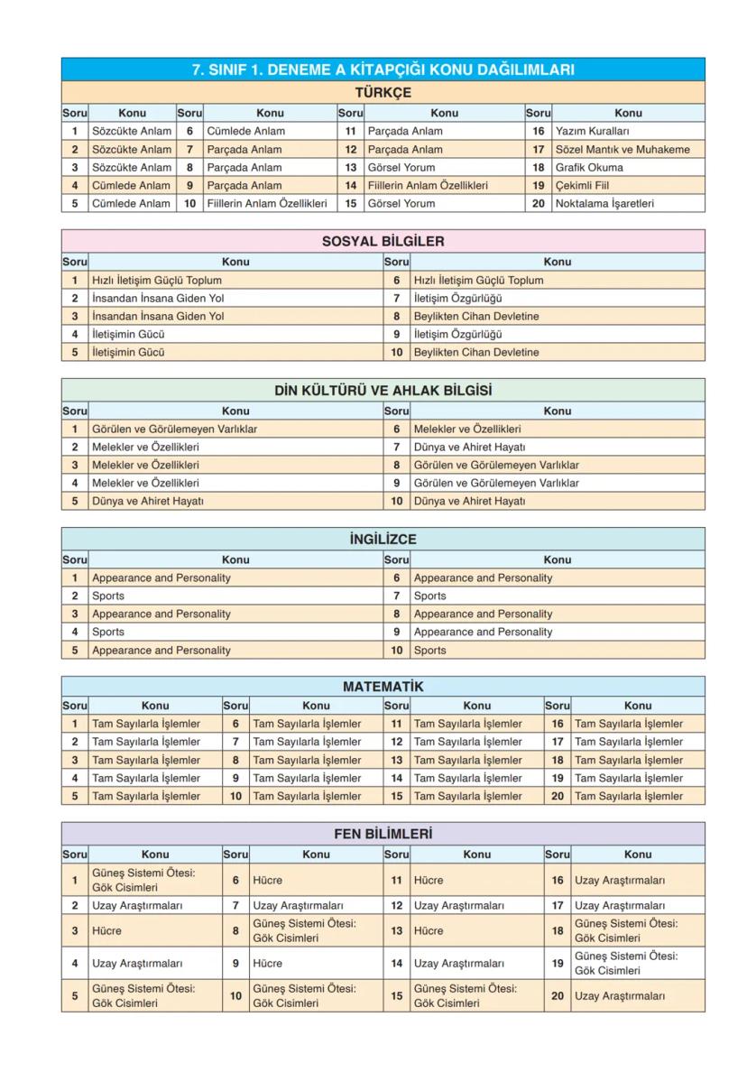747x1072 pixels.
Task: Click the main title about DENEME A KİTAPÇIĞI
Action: (383, 69)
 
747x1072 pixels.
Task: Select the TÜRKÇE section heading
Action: (383, 92)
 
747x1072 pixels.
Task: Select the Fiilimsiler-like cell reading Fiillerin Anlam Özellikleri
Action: (428, 185)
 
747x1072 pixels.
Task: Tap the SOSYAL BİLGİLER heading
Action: (383, 241)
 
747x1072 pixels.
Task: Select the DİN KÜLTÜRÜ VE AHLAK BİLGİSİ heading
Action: (383, 391)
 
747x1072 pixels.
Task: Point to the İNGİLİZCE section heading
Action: (383, 539)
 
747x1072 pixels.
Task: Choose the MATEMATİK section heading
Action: (383, 687)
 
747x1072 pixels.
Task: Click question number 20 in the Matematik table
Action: (558, 796)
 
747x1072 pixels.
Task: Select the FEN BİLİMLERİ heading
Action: (383, 834)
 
